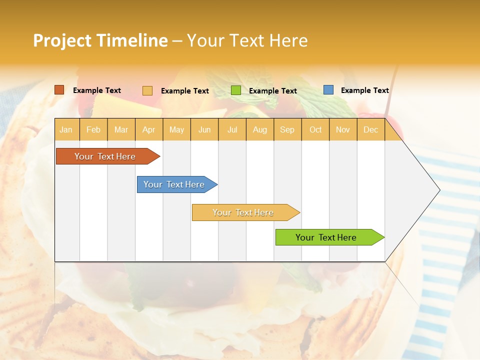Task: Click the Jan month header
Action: pyautogui.click(x=66, y=129)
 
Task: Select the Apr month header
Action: pyautogui.click(x=149, y=129)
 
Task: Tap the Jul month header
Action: pyautogui.click(x=232, y=129)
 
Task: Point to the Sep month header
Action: pyautogui.click(x=287, y=129)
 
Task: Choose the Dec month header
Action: pyautogui.click(x=370, y=129)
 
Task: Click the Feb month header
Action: pyautogui.click(x=93, y=129)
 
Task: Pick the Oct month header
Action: pyautogui.click(x=315, y=129)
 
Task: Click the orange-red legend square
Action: pyautogui.click(x=59, y=90)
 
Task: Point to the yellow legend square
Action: pyautogui.click(x=147, y=90)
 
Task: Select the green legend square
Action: pyautogui.click(x=236, y=90)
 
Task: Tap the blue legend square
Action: pyautogui.click(x=328, y=90)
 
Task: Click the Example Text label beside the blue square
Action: pyautogui.click(x=364, y=90)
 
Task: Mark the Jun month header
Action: pyautogui.click(x=204, y=129)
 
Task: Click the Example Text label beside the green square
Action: pyautogui.click(x=272, y=91)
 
